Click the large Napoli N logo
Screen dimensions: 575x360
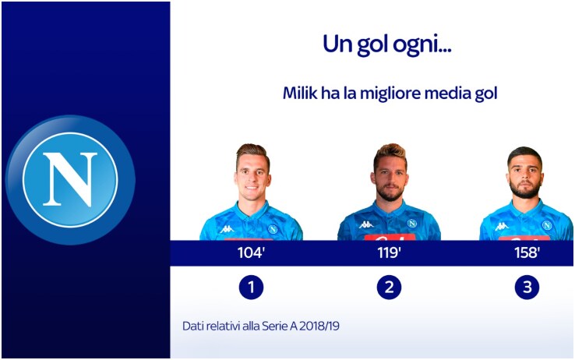[70, 180]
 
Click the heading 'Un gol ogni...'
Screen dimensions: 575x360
[387, 44]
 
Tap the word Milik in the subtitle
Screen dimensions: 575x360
[300, 93]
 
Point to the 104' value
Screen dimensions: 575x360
[251, 252]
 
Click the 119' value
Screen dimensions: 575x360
[389, 252]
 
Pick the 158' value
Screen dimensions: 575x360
[527, 252]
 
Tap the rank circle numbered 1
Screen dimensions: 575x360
[251, 287]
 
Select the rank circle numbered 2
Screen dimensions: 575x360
[389, 287]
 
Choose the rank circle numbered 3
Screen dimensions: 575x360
[527, 287]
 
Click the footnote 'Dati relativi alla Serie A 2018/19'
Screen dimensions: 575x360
[261, 326]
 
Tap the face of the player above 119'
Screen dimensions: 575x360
[390, 179]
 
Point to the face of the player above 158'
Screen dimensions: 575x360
[525, 177]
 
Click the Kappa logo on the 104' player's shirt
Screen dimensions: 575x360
[227, 229]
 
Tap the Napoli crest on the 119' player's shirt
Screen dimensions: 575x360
[412, 224]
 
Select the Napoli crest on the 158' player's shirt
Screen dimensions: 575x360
[547, 225]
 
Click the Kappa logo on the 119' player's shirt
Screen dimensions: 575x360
[366, 224]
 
